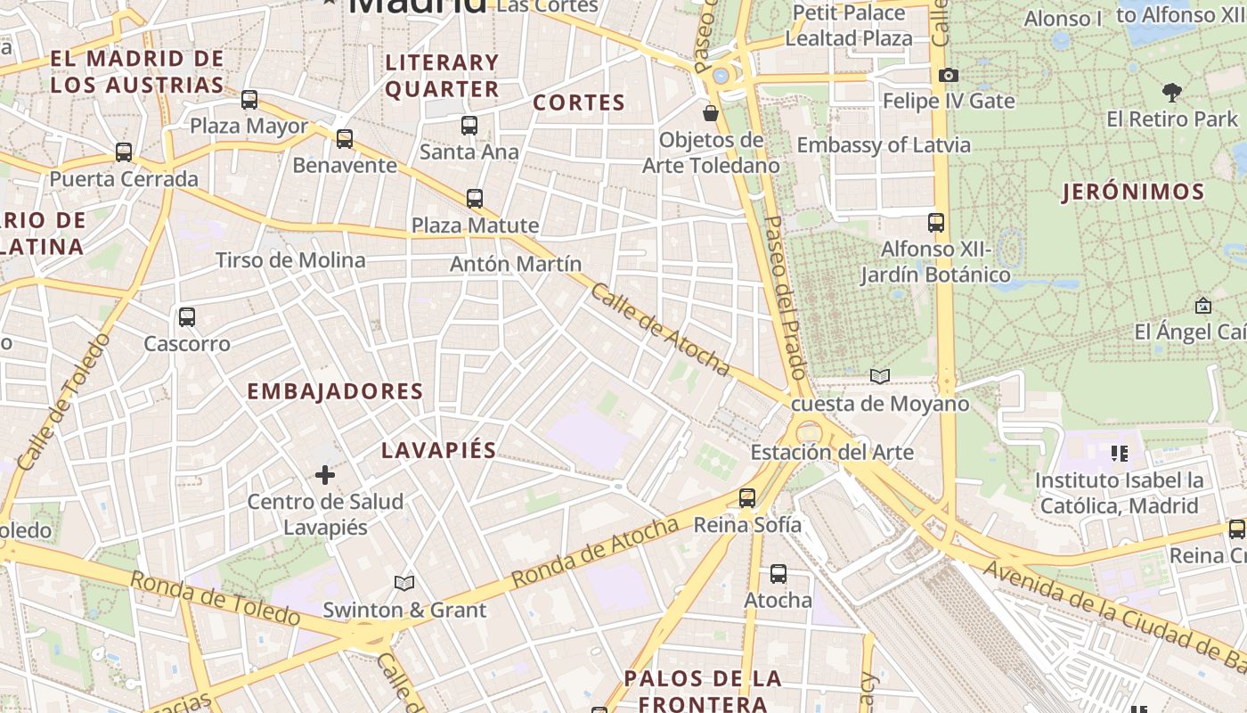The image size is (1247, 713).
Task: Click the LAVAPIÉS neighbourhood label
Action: tap(438, 450)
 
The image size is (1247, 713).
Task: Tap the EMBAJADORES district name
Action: tap(335, 391)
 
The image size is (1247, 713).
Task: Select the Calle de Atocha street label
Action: tap(660, 330)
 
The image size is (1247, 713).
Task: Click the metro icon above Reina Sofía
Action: tap(747, 497)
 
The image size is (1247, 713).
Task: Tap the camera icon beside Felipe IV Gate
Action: tap(949, 76)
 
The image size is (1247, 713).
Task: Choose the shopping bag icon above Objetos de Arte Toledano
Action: tap(711, 113)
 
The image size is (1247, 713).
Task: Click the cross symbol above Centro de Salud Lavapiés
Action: tap(325, 475)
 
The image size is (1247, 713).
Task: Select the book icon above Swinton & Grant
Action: tap(404, 583)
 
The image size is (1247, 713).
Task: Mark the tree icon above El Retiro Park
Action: tap(1172, 92)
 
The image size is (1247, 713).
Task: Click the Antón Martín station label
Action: tap(516, 264)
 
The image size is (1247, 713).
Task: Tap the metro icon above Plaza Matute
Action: tap(475, 198)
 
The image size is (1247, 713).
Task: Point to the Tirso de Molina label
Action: tap(290, 260)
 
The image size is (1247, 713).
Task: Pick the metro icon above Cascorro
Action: tap(187, 316)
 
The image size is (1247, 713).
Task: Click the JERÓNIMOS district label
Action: tap(1133, 192)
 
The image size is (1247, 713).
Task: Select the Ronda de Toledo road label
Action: tap(215, 598)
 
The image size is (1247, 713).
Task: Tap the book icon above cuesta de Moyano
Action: tap(880, 377)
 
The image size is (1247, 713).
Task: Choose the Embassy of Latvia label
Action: tap(884, 144)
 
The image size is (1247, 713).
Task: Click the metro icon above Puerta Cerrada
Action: tap(124, 152)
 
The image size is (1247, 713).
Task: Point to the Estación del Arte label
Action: tap(832, 452)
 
